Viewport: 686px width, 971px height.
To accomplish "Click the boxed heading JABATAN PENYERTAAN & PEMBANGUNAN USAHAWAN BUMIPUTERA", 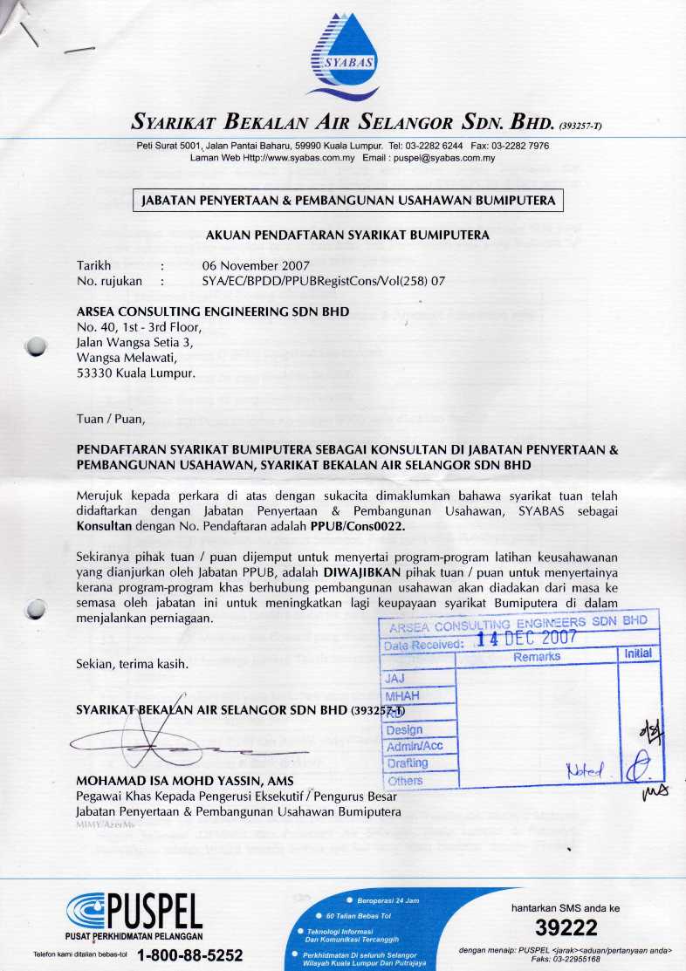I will [347, 201].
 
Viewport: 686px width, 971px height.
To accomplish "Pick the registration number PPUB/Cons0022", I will [358, 528].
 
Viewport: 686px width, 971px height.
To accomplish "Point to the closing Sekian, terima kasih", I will [133, 664].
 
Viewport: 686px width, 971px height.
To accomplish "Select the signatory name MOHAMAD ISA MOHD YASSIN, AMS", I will [186, 780].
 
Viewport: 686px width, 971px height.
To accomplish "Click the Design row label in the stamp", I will [404, 729].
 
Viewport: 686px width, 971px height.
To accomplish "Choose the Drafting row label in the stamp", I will [407, 763].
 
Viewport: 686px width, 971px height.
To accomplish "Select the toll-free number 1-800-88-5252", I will [189, 954].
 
